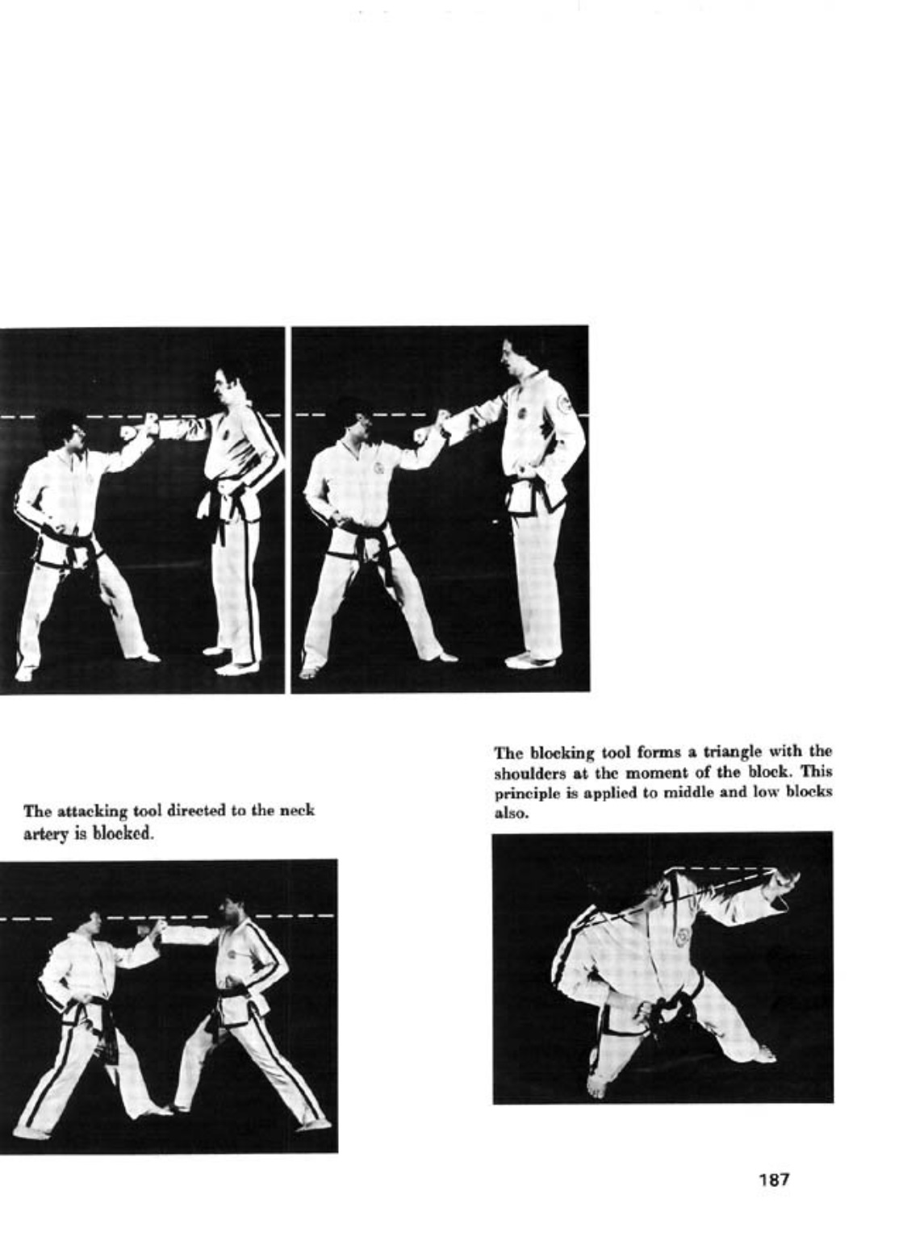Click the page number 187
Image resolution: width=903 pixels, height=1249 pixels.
[772, 1180]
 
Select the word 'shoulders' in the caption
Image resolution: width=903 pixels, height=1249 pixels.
[525, 773]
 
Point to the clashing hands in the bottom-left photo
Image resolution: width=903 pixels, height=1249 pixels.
[152, 929]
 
